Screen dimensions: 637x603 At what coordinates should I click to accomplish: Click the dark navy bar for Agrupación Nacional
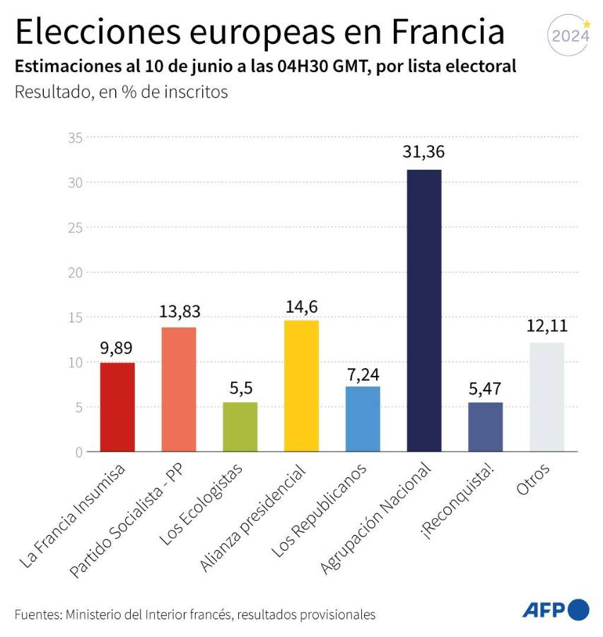tap(424, 311)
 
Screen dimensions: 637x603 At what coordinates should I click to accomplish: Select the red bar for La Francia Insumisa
tap(117, 407)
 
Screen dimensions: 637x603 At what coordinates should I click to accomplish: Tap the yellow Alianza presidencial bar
tap(301, 386)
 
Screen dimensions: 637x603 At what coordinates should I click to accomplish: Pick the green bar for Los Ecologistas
tap(240, 427)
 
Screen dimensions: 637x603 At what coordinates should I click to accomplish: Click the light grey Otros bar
tap(546, 397)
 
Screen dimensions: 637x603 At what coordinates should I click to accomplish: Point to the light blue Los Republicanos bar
tap(363, 419)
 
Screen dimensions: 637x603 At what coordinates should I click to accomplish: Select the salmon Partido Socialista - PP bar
tap(179, 389)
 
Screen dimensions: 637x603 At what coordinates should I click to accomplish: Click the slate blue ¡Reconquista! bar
tap(485, 427)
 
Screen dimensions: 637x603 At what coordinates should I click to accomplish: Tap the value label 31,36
tap(424, 153)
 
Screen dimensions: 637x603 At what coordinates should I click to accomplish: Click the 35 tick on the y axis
tap(74, 138)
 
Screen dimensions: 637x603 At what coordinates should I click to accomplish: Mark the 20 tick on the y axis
tap(74, 272)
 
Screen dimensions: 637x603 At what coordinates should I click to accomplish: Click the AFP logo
tap(555, 609)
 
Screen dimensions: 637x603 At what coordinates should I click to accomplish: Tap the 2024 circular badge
tap(570, 35)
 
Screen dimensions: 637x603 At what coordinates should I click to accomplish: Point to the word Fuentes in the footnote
tap(37, 614)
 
